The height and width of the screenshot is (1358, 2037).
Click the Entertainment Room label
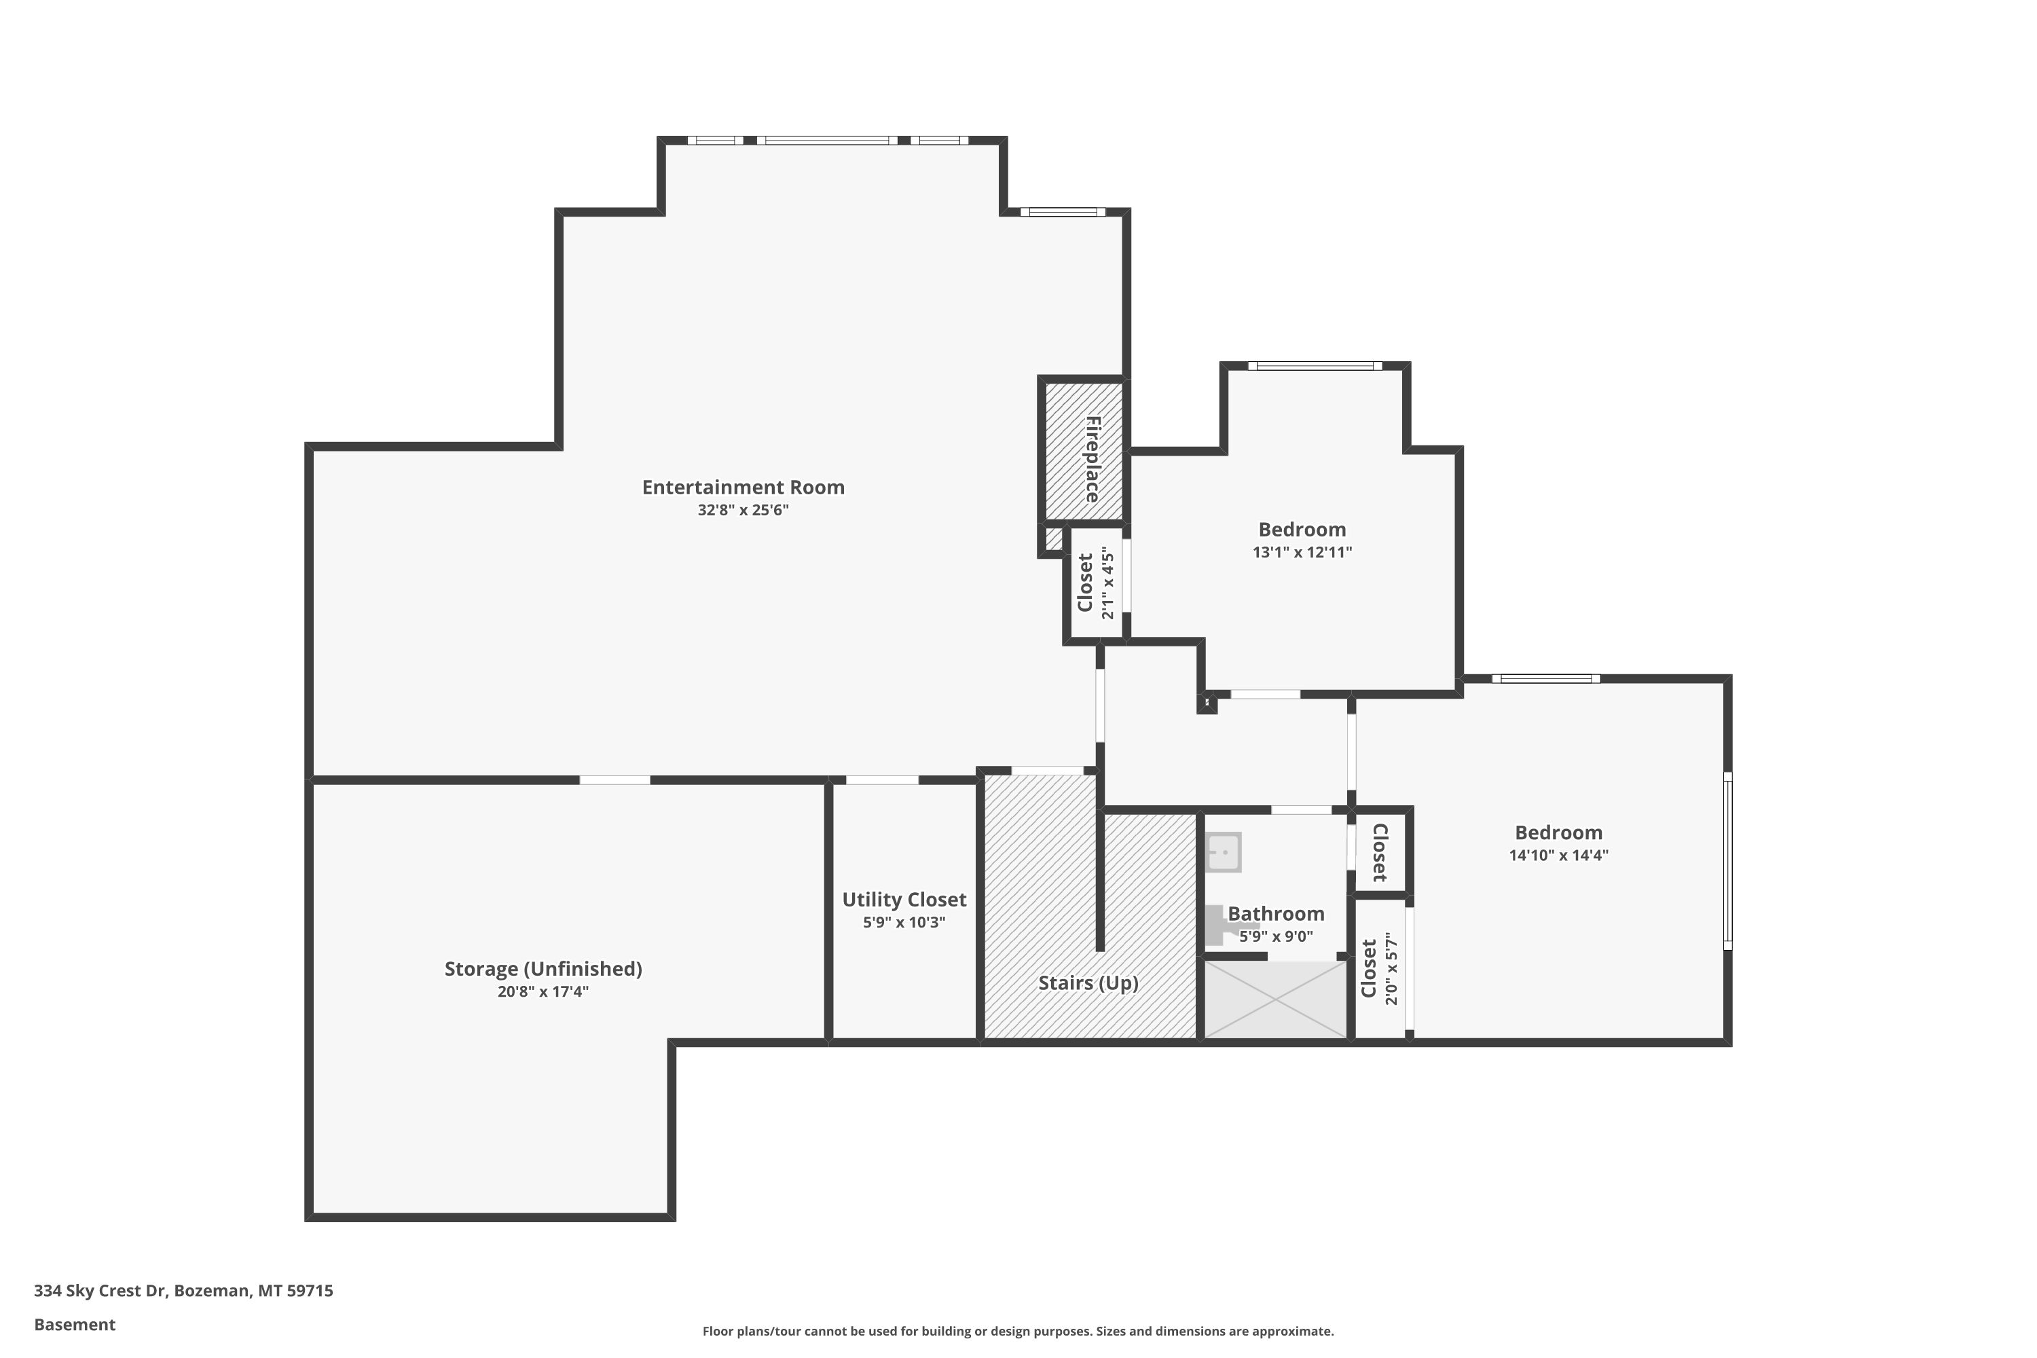click(x=743, y=488)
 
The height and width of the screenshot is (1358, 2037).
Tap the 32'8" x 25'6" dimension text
click(x=743, y=510)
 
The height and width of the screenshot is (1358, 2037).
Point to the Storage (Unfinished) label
click(x=543, y=969)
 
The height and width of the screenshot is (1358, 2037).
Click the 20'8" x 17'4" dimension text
click(x=543, y=991)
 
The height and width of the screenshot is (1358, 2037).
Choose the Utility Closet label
click(x=904, y=900)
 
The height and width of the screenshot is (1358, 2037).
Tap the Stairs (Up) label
click(x=1088, y=983)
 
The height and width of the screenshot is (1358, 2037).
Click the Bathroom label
click(x=1276, y=914)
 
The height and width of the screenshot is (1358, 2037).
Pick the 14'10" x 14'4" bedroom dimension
click(x=1558, y=856)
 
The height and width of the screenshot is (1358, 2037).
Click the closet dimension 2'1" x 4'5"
click(x=1107, y=582)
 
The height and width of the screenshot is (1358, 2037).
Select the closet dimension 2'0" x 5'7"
click(x=1391, y=968)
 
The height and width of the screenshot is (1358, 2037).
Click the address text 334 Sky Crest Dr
click(x=100, y=1291)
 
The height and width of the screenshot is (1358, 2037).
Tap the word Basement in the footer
click(x=75, y=1324)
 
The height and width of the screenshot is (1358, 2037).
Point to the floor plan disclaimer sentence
click(x=1018, y=1331)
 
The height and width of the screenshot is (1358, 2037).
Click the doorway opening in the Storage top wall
click(x=615, y=780)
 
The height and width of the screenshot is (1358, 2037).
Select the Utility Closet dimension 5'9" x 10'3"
click(x=904, y=922)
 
